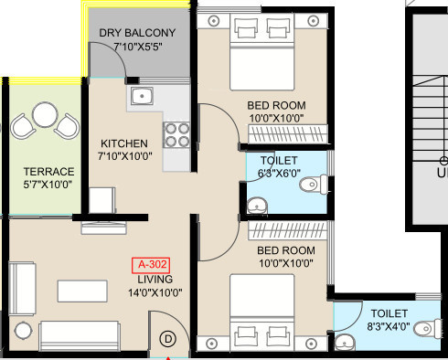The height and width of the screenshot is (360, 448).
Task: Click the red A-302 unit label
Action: click(151, 265)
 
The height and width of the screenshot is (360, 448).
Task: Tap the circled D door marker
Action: click(168, 339)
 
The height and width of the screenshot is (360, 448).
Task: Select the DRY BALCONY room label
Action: click(137, 33)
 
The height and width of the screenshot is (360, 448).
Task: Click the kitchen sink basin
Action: click(142, 96)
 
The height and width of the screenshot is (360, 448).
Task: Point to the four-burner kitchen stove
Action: click(176, 135)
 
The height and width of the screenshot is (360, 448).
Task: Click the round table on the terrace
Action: click(45, 114)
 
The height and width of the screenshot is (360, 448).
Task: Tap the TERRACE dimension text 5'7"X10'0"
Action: click(48, 185)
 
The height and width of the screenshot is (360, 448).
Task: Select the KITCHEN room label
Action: click(124, 143)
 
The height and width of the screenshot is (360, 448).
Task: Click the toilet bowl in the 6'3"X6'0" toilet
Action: click(313, 185)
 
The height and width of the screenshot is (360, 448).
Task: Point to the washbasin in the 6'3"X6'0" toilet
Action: click(258, 206)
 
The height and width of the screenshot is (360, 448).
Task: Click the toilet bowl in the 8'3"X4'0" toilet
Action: click(428, 328)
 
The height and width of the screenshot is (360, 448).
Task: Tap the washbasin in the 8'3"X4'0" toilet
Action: click(345, 343)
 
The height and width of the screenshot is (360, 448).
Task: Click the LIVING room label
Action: click(155, 280)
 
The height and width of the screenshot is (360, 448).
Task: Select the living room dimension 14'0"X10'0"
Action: click(155, 293)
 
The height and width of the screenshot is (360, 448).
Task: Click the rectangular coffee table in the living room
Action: click(82, 291)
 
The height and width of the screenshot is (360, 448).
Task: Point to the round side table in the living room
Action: click(23, 331)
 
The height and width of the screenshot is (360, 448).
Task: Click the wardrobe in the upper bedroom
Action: click(288, 133)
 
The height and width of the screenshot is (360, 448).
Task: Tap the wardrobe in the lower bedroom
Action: click(287, 230)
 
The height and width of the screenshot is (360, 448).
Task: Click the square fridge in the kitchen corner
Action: click(102, 200)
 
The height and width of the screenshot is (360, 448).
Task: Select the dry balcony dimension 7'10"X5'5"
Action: click(138, 47)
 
